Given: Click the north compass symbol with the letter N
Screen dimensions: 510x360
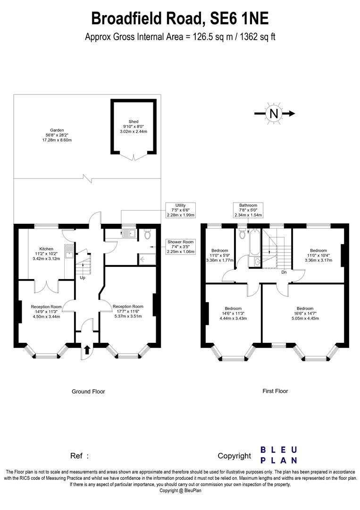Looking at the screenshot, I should click(x=274, y=113).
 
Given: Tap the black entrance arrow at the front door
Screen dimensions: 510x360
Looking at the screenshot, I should click(x=87, y=350).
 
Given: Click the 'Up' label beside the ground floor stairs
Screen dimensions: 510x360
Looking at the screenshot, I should click(x=83, y=278).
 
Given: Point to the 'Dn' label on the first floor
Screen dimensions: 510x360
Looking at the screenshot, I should click(x=284, y=272).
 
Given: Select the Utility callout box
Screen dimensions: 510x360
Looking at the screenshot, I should click(x=180, y=210).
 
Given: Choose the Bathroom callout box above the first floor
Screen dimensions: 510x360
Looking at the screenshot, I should click(x=248, y=210).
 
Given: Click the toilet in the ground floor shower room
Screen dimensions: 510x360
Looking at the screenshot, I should click(x=147, y=234).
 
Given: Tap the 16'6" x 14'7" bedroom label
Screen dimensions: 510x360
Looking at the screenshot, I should click(x=305, y=313).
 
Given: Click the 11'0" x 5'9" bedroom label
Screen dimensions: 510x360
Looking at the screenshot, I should click(x=220, y=255).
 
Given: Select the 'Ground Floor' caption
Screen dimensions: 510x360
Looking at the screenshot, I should click(x=88, y=391).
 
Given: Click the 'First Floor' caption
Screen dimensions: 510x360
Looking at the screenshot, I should click(x=275, y=391).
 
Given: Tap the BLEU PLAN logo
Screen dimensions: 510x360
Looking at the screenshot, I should click(x=279, y=455).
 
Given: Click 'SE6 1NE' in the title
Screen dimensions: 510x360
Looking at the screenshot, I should click(x=238, y=19).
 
